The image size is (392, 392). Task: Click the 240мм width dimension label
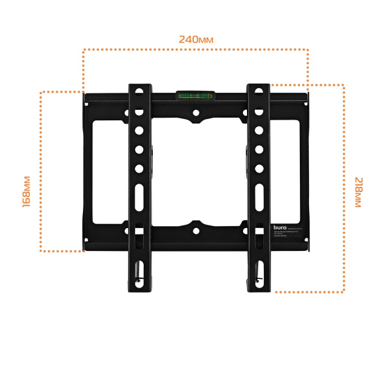196,39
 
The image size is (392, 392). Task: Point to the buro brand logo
279,228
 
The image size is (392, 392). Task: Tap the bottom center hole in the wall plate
195,231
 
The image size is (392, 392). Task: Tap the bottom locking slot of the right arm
259,271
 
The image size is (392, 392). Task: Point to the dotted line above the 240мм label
195,49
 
